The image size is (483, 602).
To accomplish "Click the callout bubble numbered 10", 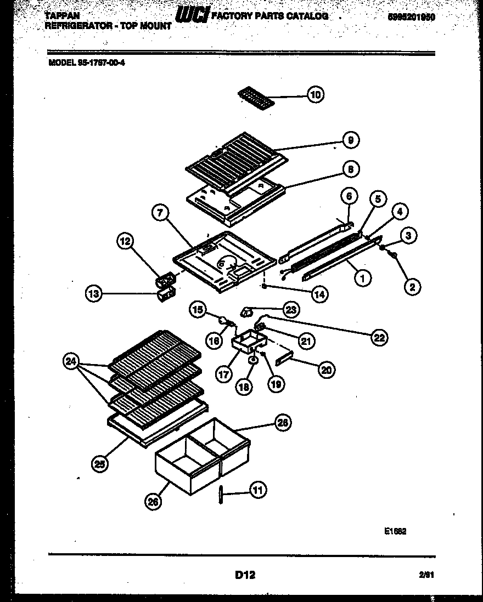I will [x=315, y=95].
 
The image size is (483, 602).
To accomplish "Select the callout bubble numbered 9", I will [x=350, y=140].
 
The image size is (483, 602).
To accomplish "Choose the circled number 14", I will [x=319, y=294].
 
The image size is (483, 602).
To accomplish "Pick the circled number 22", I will [x=379, y=338].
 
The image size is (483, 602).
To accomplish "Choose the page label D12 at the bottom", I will [x=245, y=575].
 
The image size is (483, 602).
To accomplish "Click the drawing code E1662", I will [x=395, y=531].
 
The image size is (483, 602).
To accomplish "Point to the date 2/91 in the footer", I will [x=426, y=575].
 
